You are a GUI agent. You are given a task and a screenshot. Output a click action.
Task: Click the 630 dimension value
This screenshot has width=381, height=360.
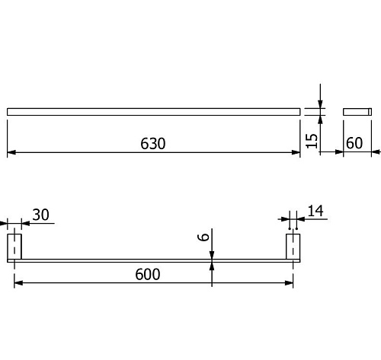point(153,143)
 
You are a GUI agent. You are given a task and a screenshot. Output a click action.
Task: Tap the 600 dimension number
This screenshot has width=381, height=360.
point(148,274)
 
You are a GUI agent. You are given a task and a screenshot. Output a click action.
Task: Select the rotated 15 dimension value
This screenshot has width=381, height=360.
point(312,141)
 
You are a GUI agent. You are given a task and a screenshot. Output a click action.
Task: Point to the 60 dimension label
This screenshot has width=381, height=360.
point(354,143)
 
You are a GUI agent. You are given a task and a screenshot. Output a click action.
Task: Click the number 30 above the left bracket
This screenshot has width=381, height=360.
point(40,215)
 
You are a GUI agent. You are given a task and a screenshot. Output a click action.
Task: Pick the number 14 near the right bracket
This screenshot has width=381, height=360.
point(315,211)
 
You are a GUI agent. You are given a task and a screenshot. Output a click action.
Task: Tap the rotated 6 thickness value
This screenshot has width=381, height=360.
point(203,237)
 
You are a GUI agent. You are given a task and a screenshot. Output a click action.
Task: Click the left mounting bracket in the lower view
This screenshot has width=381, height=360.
point(14,247)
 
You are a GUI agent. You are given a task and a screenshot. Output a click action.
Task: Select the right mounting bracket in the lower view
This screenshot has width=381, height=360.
point(293,247)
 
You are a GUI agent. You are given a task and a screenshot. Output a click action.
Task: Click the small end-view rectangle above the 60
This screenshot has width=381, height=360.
point(357,112)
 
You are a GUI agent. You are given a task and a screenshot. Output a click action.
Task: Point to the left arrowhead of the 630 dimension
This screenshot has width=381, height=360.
point(11,152)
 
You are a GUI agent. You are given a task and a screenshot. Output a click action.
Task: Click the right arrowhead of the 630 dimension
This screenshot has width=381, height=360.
point(296,152)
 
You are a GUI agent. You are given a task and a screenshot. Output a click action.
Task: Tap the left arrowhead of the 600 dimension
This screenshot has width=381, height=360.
point(18,283)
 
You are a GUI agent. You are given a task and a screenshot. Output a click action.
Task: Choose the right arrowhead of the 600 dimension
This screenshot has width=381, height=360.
point(289,283)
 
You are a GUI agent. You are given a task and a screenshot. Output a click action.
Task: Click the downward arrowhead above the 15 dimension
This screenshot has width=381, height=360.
point(320,104)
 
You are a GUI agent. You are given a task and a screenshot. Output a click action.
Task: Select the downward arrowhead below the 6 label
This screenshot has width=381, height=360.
point(212,255)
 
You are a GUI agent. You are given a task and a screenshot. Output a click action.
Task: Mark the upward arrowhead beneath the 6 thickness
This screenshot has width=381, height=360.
point(212,266)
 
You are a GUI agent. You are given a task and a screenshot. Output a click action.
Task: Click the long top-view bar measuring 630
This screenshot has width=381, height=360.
point(154,112)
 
